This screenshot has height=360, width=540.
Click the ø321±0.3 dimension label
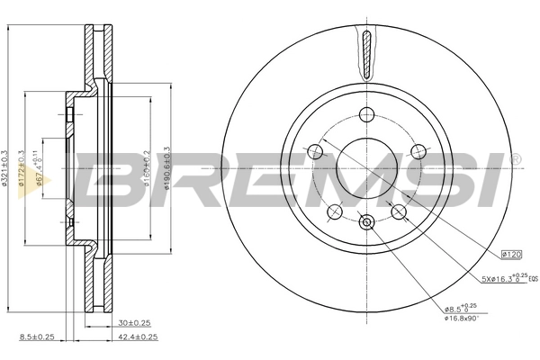coord(7,166)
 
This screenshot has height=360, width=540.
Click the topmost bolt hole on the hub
coord(366,113)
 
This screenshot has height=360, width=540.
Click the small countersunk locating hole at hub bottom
coord(366,222)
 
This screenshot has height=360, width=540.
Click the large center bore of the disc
coord(366,167)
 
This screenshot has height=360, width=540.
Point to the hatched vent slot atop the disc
coord(366,54)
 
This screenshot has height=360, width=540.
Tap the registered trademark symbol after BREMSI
coord(514,160)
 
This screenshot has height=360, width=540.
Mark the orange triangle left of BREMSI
coord(47,180)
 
